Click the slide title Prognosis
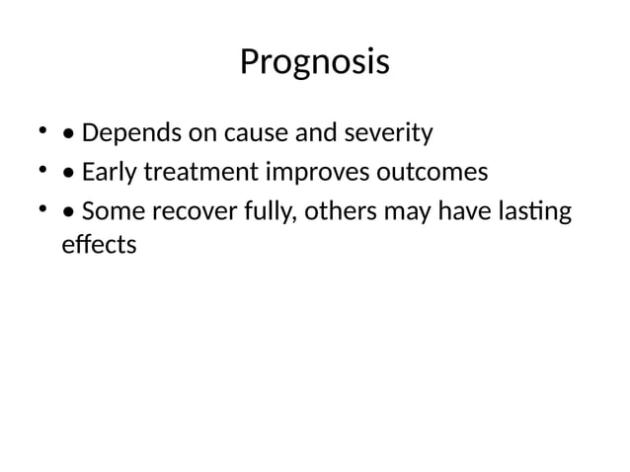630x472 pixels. [x=314, y=63]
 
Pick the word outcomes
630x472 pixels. [x=433, y=173]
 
